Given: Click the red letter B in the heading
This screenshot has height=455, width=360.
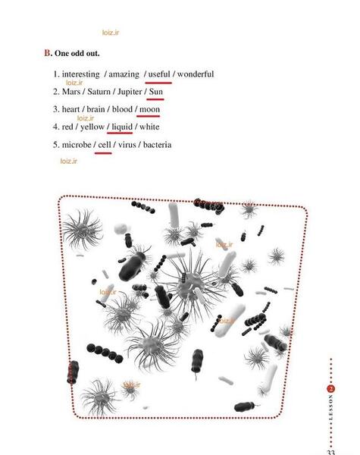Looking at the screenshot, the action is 47,53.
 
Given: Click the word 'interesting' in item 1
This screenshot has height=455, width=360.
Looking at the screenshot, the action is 80,74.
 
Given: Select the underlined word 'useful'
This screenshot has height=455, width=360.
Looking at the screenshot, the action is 159,74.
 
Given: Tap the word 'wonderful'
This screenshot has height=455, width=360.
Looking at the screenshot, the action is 196,74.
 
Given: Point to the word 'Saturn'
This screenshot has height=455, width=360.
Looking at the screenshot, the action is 99,92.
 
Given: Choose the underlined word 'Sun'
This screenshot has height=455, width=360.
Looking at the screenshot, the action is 156,92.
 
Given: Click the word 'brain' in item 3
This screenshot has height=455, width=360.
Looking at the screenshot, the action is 95,109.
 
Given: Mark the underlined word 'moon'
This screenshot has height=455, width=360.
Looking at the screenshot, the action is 150,109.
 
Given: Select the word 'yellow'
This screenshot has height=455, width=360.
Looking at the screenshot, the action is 92,127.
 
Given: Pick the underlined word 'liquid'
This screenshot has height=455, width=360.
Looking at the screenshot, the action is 122,127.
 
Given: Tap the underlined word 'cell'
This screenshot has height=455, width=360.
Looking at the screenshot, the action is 105,145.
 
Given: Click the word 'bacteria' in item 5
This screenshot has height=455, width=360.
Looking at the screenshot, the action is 157,145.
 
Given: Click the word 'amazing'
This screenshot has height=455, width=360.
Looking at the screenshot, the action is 124,74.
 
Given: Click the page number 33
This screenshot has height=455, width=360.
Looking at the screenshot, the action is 330,452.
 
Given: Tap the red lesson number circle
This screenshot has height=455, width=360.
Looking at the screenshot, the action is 331,389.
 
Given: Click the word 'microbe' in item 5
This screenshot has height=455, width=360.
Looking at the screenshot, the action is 77,145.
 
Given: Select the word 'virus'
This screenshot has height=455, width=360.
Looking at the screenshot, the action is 127,145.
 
